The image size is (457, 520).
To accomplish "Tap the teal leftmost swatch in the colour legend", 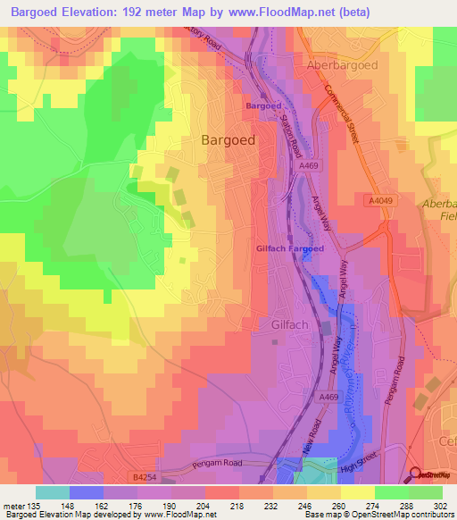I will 53,491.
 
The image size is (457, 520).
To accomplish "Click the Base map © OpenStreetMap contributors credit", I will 378,515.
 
